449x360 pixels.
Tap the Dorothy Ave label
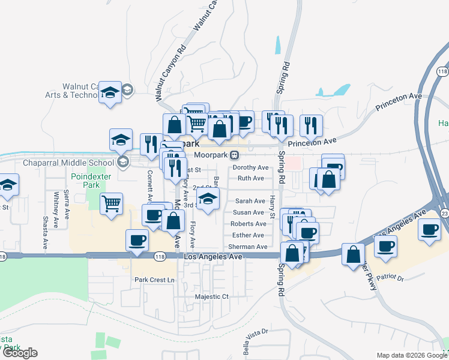(250, 167)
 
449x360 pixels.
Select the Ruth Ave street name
(250, 178)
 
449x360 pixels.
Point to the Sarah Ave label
(250, 201)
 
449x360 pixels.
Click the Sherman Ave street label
(247, 247)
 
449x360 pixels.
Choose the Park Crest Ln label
(154, 280)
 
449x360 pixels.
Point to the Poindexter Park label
(85, 181)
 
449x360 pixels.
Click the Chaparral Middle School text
(68, 163)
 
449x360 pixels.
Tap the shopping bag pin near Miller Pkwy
(353, 253)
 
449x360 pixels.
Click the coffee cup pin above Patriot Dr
(385, 245)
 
